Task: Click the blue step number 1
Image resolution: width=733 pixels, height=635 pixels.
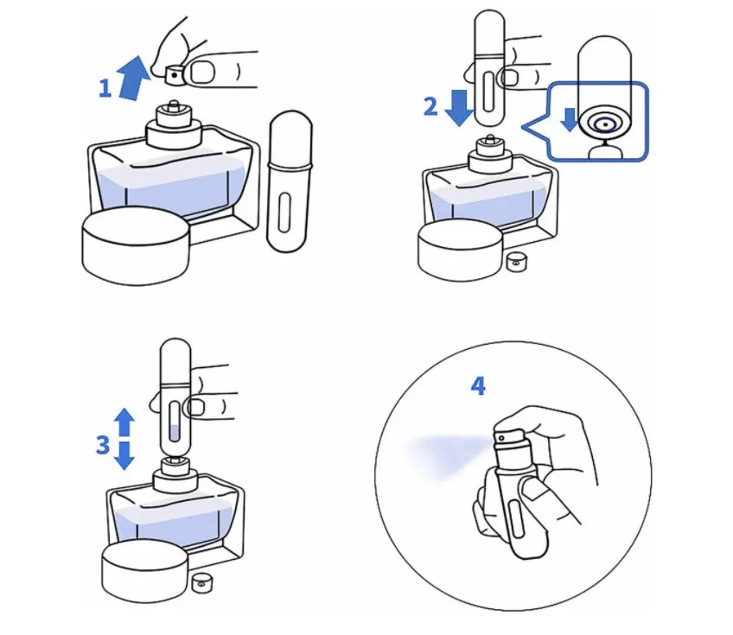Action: point(105,88)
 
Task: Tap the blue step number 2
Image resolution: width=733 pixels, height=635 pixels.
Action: point(430,106)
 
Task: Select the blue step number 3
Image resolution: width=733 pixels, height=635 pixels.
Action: point(103,445)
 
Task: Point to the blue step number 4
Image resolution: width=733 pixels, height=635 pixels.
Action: point(478,386)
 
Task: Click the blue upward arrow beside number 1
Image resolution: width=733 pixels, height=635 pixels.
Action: point(134,78)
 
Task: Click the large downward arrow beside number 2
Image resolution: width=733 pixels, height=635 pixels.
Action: point(459,107)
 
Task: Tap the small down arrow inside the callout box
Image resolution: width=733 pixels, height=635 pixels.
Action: point(569,120)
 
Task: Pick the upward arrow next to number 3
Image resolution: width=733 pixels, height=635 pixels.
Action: point(124,422)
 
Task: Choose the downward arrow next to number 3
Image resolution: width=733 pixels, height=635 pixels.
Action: point(124,455)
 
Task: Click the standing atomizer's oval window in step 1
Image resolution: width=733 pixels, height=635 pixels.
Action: point(284,213)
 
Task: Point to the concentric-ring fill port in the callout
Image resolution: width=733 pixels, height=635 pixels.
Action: point(604,124)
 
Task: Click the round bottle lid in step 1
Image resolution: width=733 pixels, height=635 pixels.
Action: point(136,246)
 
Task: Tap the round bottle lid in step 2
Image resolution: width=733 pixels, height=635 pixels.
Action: point(460,251)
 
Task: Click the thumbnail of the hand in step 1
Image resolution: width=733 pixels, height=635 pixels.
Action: point(202,73)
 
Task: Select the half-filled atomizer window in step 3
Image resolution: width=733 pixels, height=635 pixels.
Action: point(174,422)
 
